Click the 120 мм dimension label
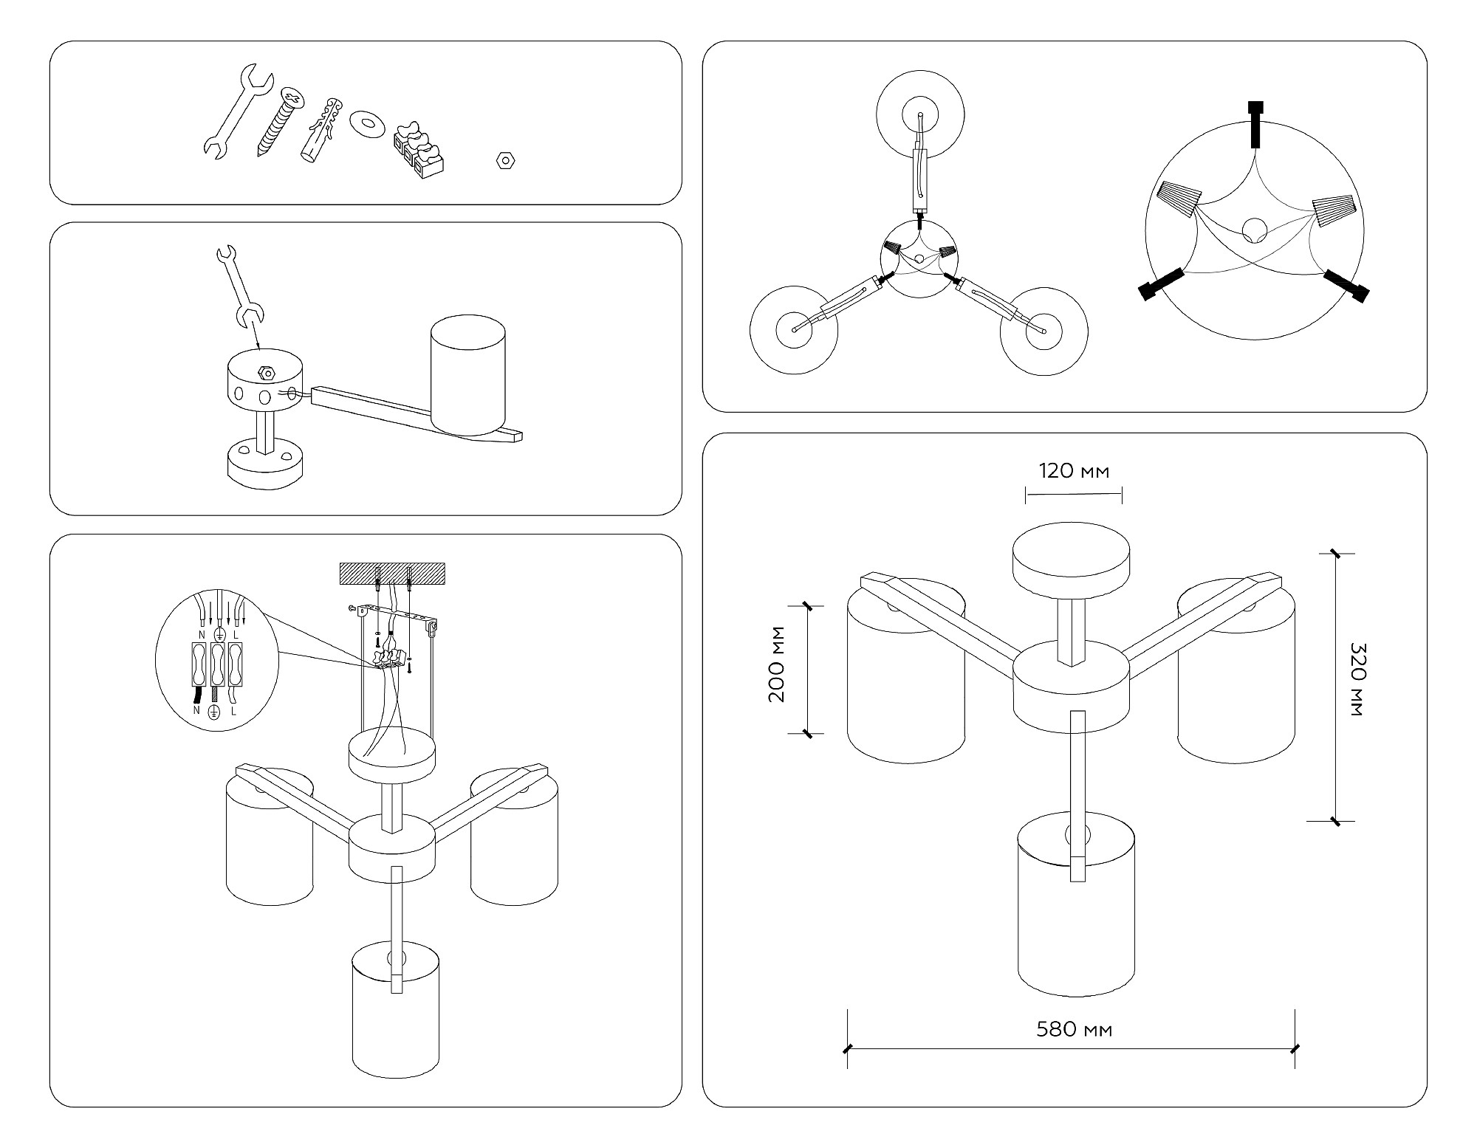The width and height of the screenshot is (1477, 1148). (x=1074, y=471)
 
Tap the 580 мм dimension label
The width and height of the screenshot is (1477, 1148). (x=1074, y=1029)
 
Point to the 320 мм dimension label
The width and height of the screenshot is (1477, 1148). (x=1357, y=679)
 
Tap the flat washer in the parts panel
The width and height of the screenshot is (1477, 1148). (x=366, y=123)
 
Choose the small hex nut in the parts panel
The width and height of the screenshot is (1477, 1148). (x=506, y=159)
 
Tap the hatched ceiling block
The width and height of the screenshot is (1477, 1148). (x=391, y=574)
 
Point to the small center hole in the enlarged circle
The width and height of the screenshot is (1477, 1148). (x=1254, y=230)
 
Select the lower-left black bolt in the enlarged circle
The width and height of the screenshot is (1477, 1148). (x=1161, y=285)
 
